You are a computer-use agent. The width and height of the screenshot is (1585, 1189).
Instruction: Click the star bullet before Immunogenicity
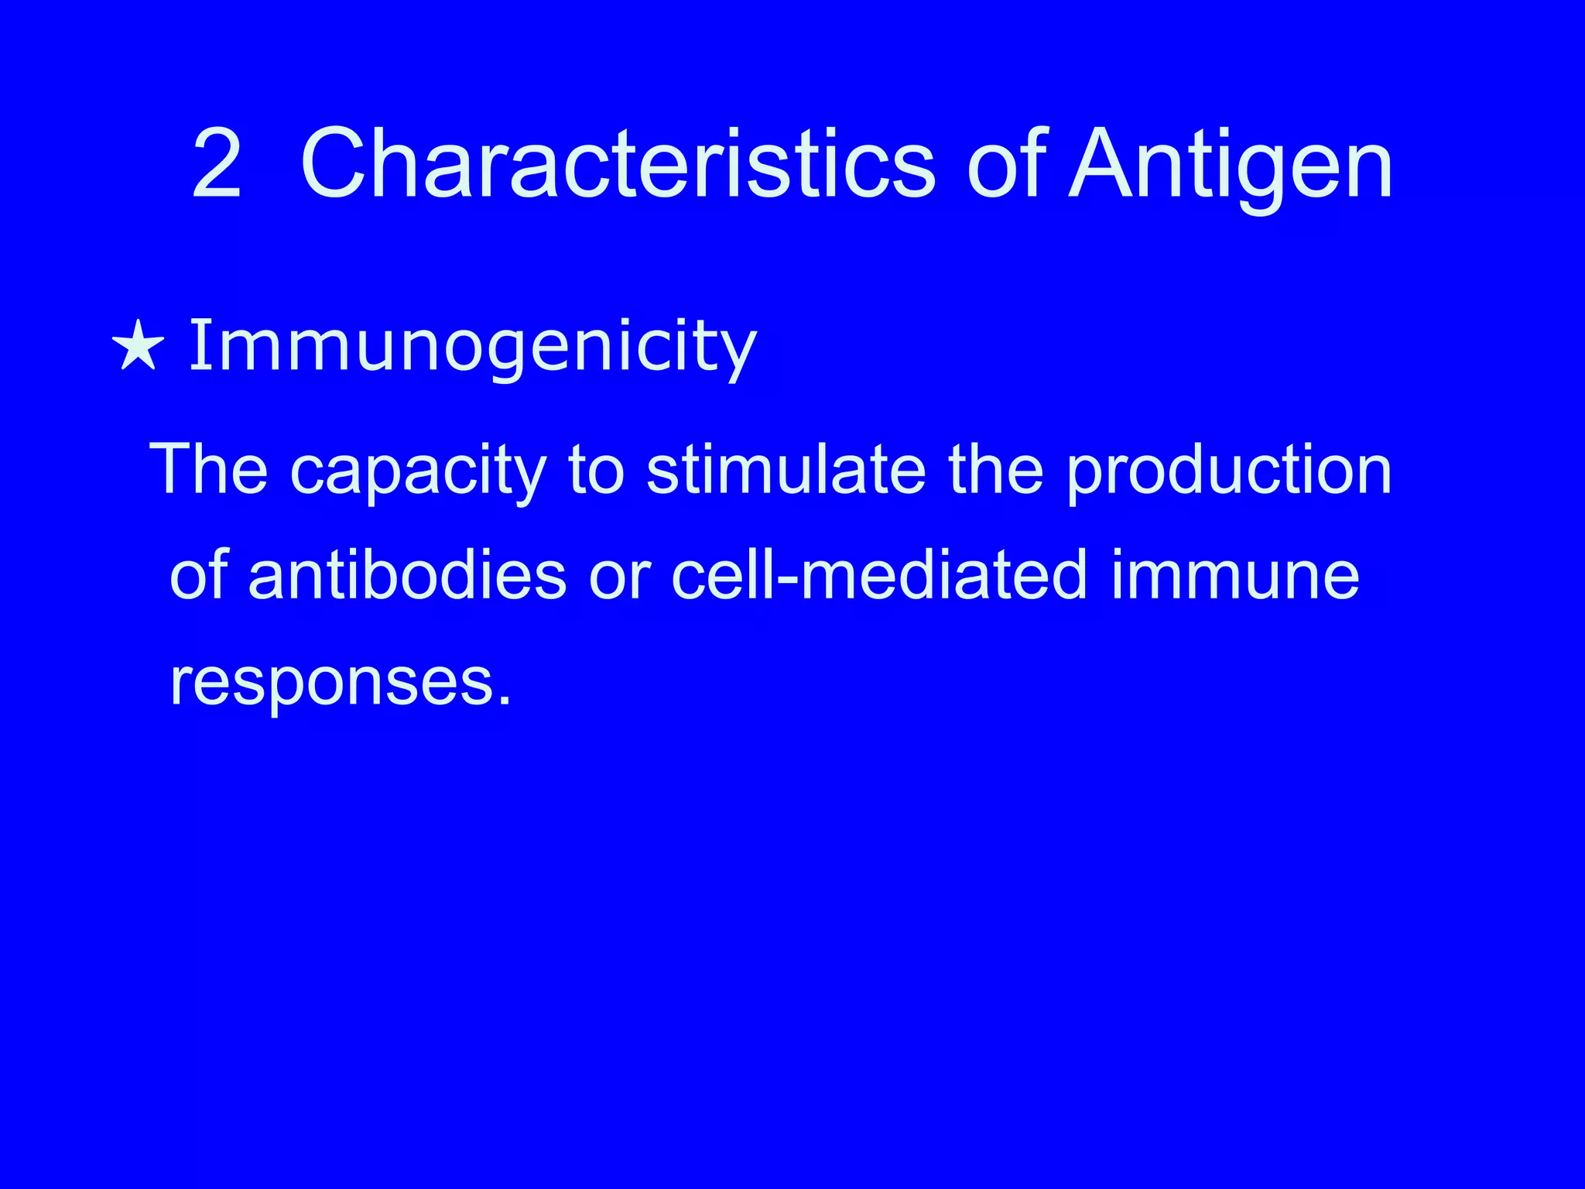coord(138,344)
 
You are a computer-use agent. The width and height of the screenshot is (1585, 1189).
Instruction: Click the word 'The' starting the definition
coord(209,469)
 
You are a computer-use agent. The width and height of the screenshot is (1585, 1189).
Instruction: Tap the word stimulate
coord(786,469)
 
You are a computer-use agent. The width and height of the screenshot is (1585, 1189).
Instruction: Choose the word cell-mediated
coord(880,576)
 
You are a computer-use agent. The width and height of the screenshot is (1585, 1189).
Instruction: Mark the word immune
coord(1235,576)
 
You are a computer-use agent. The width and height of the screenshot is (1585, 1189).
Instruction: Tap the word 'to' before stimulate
coord(596,471)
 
